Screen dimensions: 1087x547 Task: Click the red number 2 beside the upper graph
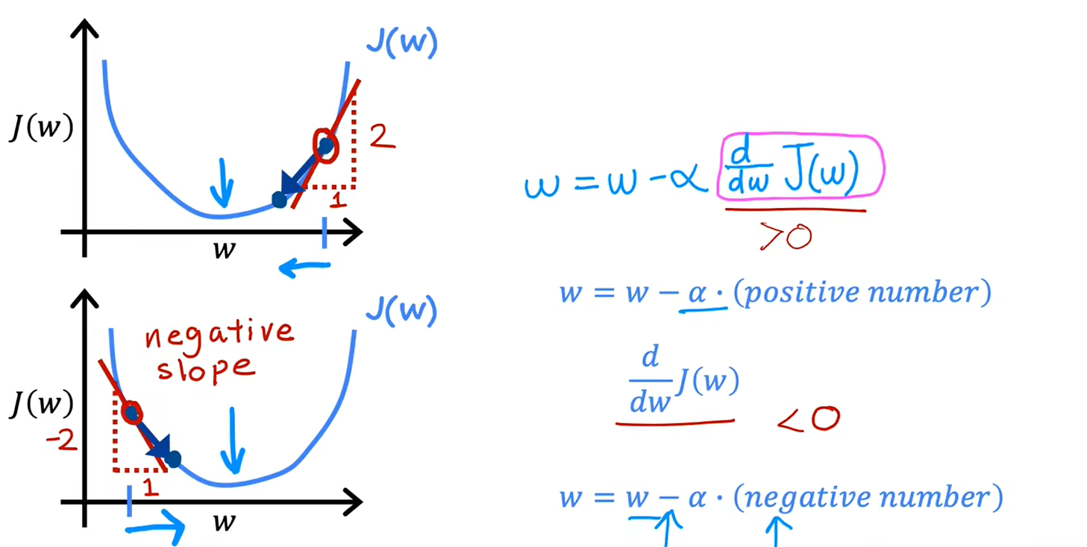383,136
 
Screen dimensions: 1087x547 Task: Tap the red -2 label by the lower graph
61,440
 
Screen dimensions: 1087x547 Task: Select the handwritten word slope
205,370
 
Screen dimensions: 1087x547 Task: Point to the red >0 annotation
786,237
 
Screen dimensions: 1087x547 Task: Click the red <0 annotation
809,419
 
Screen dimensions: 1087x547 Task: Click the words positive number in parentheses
862,292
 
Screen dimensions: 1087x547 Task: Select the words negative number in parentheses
868,498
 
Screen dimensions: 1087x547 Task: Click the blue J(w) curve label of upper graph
402,43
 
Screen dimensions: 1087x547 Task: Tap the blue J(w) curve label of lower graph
401,311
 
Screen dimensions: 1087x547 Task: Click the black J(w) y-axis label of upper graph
42,128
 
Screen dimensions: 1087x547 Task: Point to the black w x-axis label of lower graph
225,522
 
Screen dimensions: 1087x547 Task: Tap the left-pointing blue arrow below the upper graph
304,267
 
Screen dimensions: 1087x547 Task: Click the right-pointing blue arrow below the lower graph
155,528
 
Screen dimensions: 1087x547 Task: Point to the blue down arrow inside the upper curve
222,183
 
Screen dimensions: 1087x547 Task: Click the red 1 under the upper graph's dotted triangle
338,200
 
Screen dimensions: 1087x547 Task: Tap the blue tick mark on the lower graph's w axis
129,502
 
